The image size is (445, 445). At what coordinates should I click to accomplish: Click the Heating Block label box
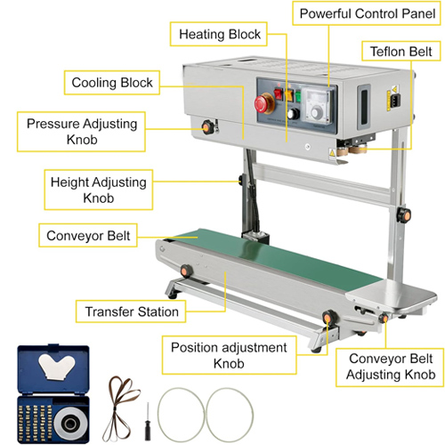click(x=219, y=34)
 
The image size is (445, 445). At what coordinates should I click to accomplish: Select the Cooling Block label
click(x=112, y=83)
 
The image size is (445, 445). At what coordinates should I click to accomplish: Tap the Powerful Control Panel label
click(x=367, y=13)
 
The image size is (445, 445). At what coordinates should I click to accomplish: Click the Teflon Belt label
click(x=401, y=52)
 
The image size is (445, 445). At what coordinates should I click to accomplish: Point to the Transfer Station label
click(x=131, y=311)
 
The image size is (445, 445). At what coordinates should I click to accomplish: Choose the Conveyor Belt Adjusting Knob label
click(x=390, y=367)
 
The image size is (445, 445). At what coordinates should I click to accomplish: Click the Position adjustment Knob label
click(x=229, y=355)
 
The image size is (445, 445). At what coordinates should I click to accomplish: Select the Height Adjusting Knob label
click(x=99, y=190)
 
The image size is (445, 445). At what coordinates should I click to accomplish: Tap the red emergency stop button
click(x=263, y=103)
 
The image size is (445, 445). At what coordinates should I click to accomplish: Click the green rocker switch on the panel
click(x=297, y=97)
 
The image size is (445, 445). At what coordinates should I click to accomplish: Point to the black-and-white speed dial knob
click(x=294, y=114)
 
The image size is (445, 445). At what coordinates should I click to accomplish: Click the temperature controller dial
click(x=317, y=112)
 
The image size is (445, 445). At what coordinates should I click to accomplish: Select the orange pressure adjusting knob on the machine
click(x=207, y=127)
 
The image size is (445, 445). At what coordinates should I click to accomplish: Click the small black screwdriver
click(x=148, y=421)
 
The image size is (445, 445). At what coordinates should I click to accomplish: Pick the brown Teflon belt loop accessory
click(x=119, y=409)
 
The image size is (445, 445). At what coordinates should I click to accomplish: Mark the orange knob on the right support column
click(x=404, y=215)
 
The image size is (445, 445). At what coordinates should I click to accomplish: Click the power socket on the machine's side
click(x=396, y=101)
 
